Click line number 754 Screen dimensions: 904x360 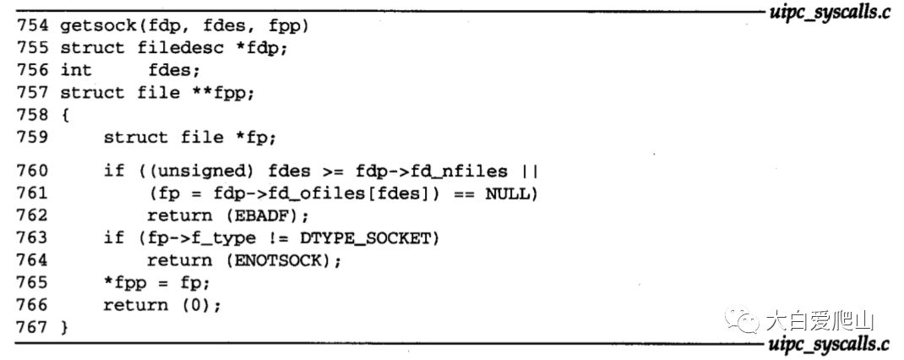point(31,25)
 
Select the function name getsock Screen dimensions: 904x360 point(93,25)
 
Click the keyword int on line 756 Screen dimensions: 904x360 point(77,70)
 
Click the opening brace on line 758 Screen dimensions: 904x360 point(63,114)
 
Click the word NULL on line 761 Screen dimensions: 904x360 point(506,194)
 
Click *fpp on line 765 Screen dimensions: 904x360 point(123,283)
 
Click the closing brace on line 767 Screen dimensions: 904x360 point(63,327)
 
